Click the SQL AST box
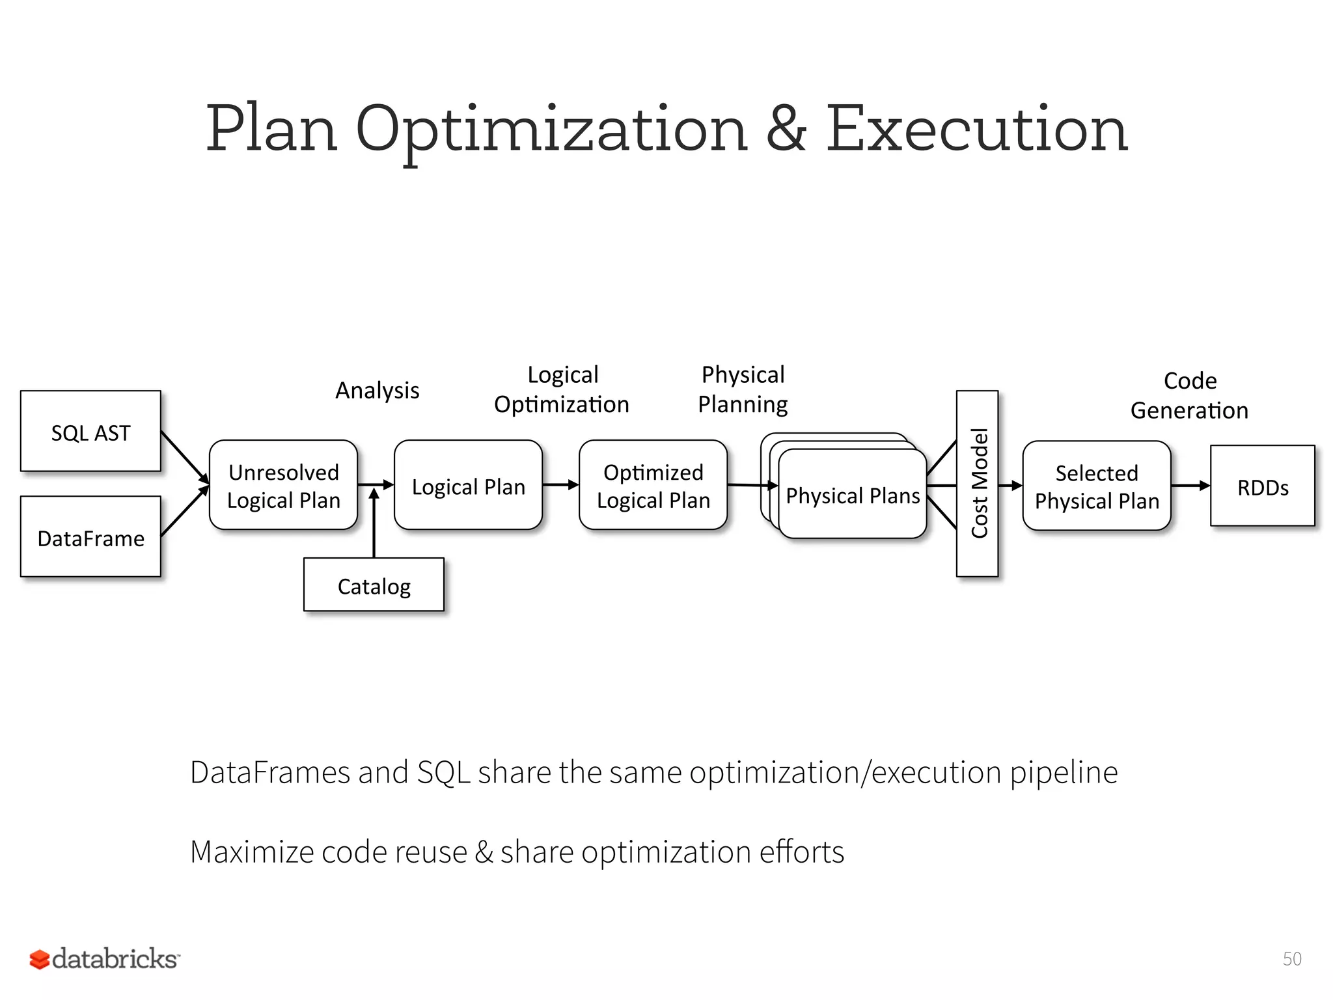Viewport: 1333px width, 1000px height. tap(90, 431)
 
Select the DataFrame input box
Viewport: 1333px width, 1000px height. tap(90, 536)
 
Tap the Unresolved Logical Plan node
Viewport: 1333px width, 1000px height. tap(283, 485)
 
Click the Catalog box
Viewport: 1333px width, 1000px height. tap(374, 585)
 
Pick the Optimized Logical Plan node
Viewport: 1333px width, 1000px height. tap(653, 485)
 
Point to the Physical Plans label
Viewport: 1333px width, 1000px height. tap(853, 495)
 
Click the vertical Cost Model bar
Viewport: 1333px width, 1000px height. tap(977, 483)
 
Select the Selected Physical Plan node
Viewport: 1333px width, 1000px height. tap(1097, 486)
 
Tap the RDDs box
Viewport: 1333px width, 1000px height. tap(1263, 486)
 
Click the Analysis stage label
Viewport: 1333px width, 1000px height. tap(377, 390)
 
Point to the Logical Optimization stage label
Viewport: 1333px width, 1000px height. tap(562, 389)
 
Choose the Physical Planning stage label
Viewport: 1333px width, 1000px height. tap(743, 389)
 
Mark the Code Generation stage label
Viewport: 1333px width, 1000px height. tap(1189, 395)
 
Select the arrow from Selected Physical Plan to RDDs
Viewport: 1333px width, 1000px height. tap(1190, 485)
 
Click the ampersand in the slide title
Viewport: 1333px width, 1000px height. tap(786, 129)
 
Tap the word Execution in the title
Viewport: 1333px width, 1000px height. tap(976, 129)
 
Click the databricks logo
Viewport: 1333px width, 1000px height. tap(104, 958)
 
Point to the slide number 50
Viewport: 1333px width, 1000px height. tap(1291, 958)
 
